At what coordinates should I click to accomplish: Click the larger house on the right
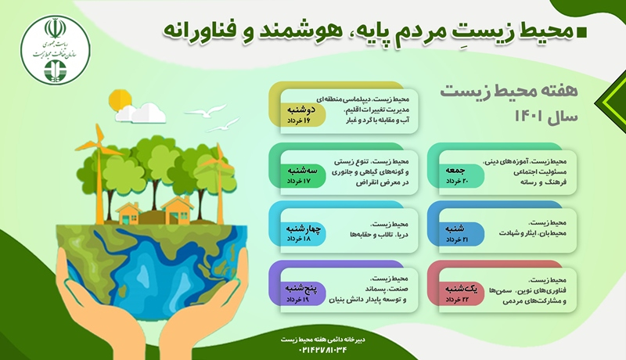click(x=176, y=207)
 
